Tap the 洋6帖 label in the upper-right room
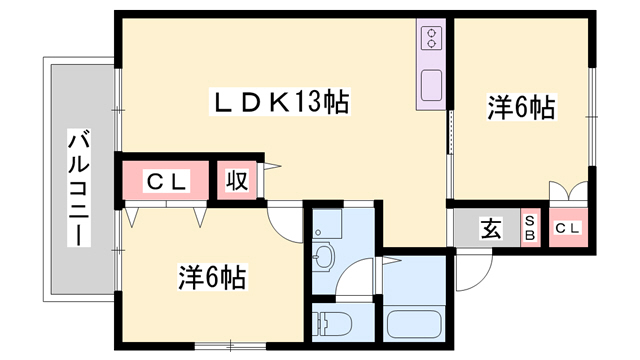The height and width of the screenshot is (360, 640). pos(522,107)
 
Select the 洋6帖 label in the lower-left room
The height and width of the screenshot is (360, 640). pos(212,277)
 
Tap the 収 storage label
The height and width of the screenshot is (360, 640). pos(237,182)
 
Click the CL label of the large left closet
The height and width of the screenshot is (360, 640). pos(166,182)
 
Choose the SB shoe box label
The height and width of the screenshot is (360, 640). pos(530,229)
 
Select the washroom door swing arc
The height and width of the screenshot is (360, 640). pos(392,263)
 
